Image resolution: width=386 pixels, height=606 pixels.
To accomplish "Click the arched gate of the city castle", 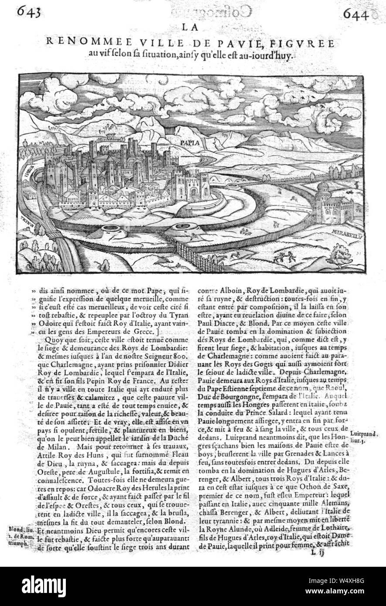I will click(x=192, y=191).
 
